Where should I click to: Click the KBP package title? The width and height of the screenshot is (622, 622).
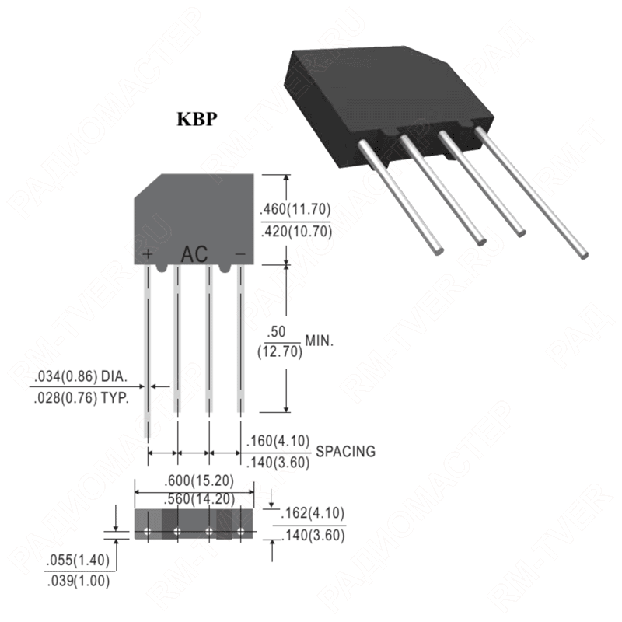(x=196, y=120)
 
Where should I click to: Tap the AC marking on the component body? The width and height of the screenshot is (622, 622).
(x=194, y=254)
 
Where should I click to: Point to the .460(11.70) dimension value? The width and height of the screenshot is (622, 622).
(x=295, y=208)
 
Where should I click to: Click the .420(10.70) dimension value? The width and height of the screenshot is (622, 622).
(x=295, y=231)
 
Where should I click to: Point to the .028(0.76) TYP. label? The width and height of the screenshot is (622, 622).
(x=85, y=395)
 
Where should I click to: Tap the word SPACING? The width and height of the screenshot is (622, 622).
(x=345, y=451)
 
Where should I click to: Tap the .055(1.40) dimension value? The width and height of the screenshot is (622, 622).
(x=78, y=561)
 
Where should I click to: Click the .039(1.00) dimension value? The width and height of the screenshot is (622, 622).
(x=78, y=580)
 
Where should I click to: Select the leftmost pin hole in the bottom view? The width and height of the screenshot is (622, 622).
(x=147, y=533)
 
